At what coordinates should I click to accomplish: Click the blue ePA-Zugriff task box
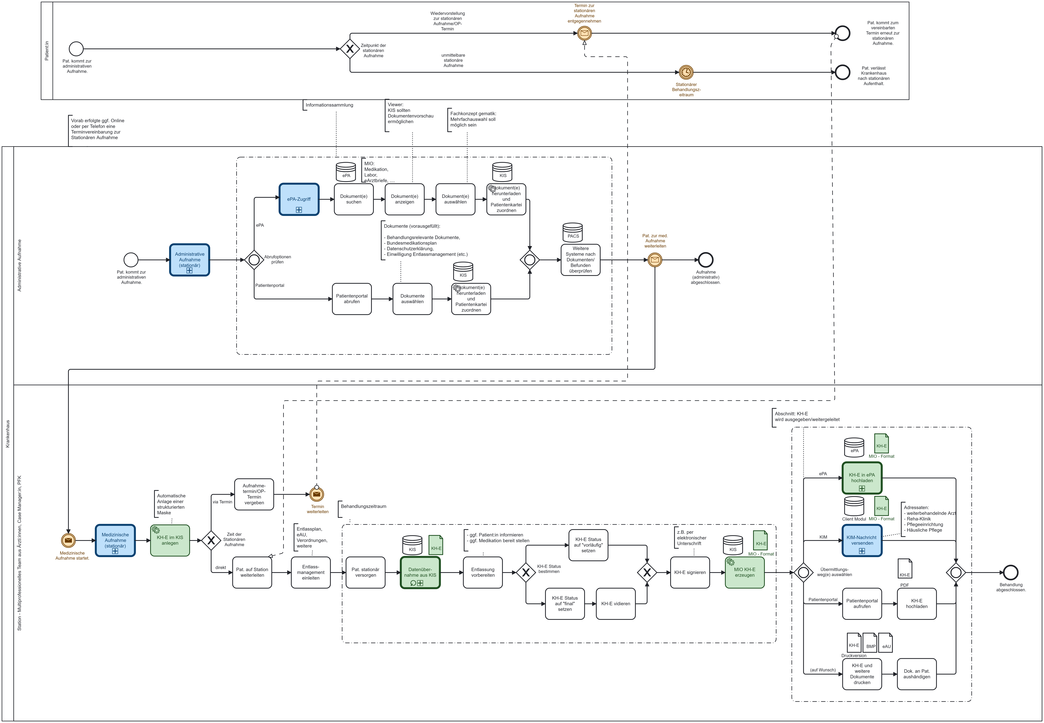299,199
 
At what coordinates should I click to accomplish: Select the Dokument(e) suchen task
354,199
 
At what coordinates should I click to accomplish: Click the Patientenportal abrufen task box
352,299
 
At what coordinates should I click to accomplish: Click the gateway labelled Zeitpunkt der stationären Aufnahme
350,49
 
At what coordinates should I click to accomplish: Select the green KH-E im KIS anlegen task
170,540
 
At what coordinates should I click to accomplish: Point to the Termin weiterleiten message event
317,494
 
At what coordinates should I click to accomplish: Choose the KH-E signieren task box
690,573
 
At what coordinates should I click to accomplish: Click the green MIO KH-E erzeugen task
745,573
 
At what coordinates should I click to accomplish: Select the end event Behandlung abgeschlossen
1011,573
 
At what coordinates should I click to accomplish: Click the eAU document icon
885,643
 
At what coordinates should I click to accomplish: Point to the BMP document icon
870,643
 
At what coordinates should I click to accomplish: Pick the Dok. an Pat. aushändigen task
917,674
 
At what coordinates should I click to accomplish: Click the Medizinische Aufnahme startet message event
68,540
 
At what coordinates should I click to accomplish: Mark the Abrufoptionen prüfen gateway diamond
254,260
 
